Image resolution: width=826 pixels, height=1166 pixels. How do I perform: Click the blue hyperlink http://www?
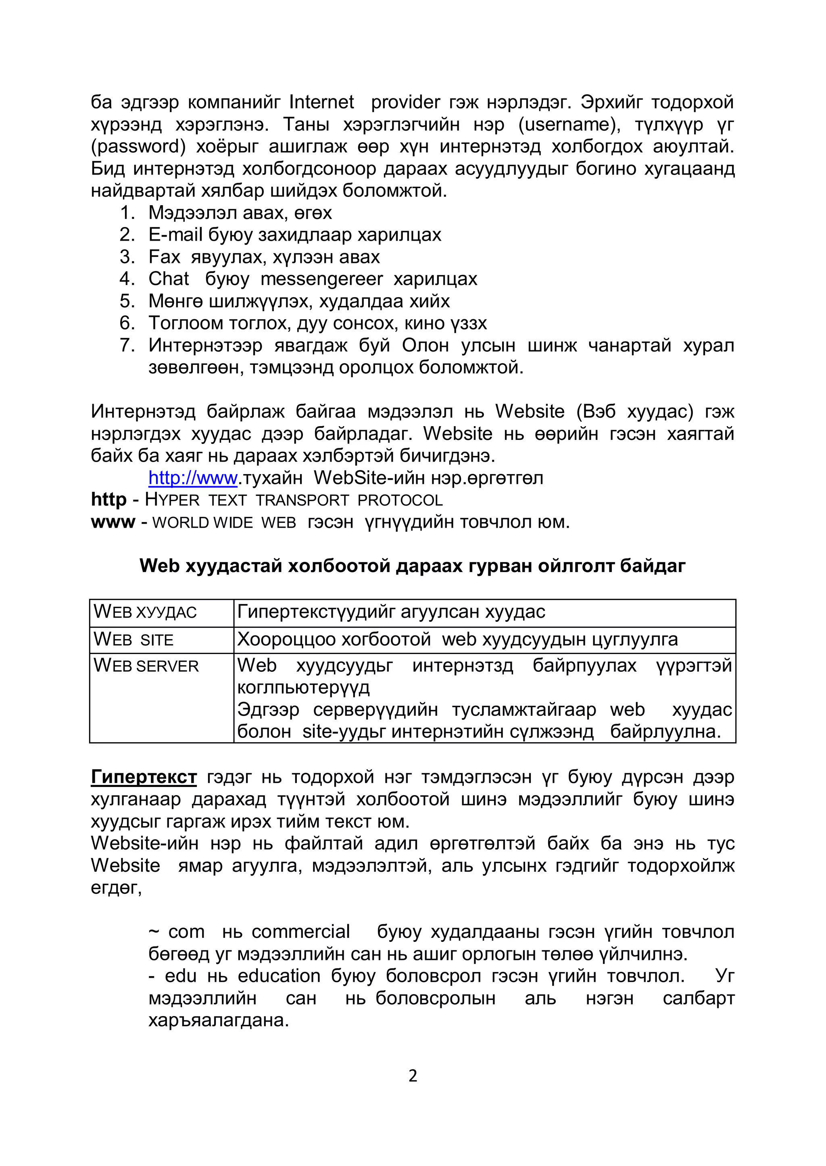point(193,478)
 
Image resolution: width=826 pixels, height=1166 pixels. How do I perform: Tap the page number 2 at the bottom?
point(413,1076)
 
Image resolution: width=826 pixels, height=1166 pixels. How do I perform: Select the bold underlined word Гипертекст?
point(144,777)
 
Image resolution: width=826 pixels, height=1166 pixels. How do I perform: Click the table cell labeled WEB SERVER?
point(146,666)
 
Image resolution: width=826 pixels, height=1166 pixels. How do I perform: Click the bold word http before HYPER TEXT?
point(108,500)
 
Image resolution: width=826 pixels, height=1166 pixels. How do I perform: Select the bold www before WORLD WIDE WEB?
point(113,522)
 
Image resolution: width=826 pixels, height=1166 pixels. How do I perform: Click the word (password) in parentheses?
point(138,146)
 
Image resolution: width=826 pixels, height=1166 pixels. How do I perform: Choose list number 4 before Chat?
point(127,279)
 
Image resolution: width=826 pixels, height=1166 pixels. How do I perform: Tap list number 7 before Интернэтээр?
point(127,345)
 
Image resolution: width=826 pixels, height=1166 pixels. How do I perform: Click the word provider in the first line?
point(405,103)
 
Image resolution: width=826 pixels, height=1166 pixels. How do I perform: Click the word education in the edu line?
point(279,976)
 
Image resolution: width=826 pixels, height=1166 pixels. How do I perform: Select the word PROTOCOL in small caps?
point(400,500)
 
